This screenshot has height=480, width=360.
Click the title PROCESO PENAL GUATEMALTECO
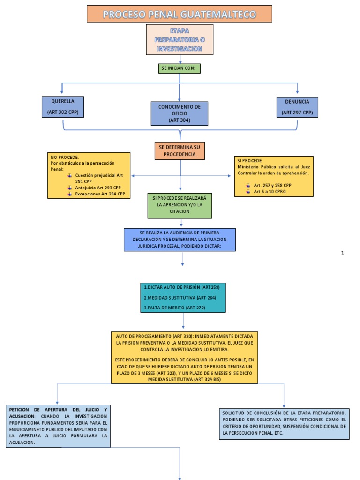pyautogui.click(x=180, y=14)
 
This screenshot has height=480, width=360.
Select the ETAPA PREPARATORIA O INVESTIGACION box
pyautogui.click(x=180, y=39)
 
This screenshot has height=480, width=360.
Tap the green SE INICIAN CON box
pyautogui.click(x=180, y=68)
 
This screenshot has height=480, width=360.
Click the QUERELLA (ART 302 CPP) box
pyautogui.click(x=63, y=107)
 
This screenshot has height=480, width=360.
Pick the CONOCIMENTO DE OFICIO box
pyautogui.click(x=180, y=114)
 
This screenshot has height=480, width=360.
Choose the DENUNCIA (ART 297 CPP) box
pyautogui.click(x=297, y=107)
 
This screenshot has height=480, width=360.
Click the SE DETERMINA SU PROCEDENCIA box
pyautogui.click(x=180, y=150)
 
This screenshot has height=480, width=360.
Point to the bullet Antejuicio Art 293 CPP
pyautogui.click(x=98, y=187)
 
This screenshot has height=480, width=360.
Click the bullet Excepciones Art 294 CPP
pyautogui.click(x=100, y=194)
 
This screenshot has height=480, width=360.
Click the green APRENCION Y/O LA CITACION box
pyautogui.click(x=180, y=205)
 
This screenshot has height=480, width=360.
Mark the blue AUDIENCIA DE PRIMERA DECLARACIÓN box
pyautogui.click(x=180, y=240)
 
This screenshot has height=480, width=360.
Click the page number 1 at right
pyautogui.click(x=343, y=253)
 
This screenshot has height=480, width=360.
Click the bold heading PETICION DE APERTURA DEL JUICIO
pyautogui.click(x=58, y=409)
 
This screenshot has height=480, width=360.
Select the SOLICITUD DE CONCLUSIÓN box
pyautogui.click(x=284, y=423)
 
